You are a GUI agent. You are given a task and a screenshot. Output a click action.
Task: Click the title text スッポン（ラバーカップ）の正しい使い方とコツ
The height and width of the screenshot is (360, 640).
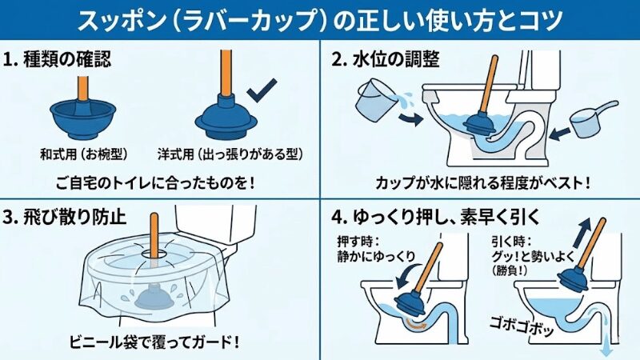click(320, 18)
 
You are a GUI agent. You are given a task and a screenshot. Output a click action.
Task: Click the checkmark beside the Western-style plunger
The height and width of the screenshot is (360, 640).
click(262, 92)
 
